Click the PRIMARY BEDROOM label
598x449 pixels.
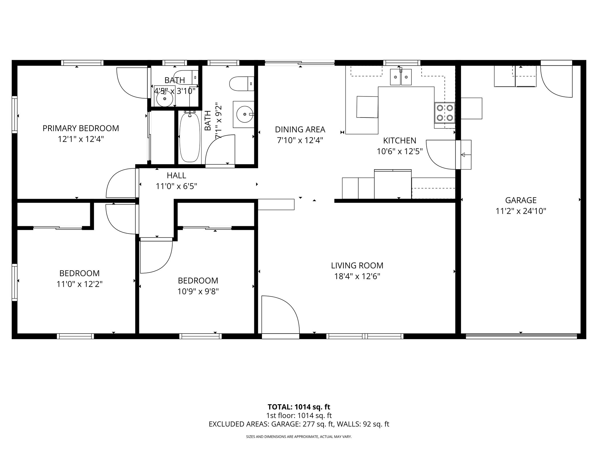coord(81,128)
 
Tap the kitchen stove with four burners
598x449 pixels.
coord(444,113)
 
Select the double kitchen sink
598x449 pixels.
coord(401,77)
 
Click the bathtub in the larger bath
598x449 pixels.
coord(190,138)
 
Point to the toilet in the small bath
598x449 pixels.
coord(186,76)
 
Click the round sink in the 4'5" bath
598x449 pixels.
coord(164,99)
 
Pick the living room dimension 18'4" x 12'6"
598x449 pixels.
coord(357,277)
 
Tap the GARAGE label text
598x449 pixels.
coord(521,200)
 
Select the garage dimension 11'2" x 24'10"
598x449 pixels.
coord(521,211)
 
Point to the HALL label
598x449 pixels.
coord(176,175)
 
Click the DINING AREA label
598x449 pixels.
coord(300,129)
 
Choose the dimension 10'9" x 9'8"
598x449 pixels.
coord(198,291)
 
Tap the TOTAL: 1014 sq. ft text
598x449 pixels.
coord(299,407)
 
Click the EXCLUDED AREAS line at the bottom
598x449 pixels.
coord(299,424)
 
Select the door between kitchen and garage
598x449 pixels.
coord(441,154)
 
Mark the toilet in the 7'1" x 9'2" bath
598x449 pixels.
coord(241,84)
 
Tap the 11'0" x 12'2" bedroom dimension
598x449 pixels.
coord(79,284)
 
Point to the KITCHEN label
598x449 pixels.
coord(399,141)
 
